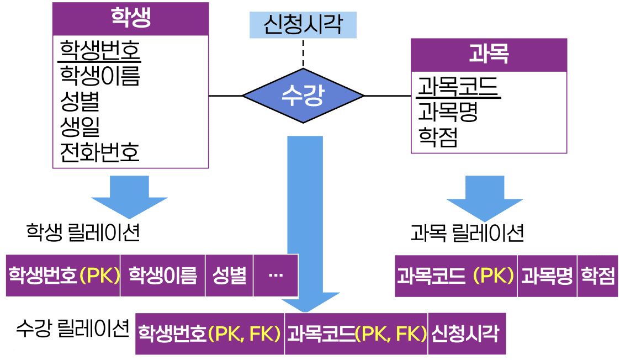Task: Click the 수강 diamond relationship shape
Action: point(303,96)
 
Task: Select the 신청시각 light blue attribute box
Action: point(303,25)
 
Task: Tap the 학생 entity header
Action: point(130,19)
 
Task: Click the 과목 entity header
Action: point(489,55)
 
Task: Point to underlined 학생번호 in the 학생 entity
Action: point(100,51)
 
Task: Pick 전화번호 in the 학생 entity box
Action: point(99,151)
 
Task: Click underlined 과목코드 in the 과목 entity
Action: point(458,87)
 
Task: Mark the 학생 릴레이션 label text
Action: point(83,233)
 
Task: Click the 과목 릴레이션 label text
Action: point(467,233)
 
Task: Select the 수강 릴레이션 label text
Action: point(73,329)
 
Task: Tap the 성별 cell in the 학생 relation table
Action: point(229,275)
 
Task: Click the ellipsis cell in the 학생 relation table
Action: point(275,275)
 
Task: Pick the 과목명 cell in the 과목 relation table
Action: point(547,276)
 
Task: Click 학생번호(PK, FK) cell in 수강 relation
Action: point(210,333)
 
